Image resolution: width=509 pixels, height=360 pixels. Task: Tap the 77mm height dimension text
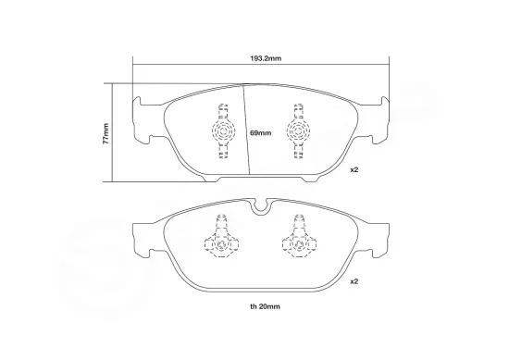(107, 131)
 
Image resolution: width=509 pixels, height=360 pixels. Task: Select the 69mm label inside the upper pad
(260, 134)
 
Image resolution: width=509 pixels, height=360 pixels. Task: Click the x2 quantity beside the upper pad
(354, 170)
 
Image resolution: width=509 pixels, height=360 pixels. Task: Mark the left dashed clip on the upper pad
(222, 130)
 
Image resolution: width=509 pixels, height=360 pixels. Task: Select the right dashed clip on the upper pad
(298, 130)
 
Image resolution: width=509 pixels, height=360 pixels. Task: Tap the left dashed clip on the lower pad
(222, 239)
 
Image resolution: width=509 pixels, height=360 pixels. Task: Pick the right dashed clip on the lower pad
(298, 239)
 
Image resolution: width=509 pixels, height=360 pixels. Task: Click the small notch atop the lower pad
(260, 205)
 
